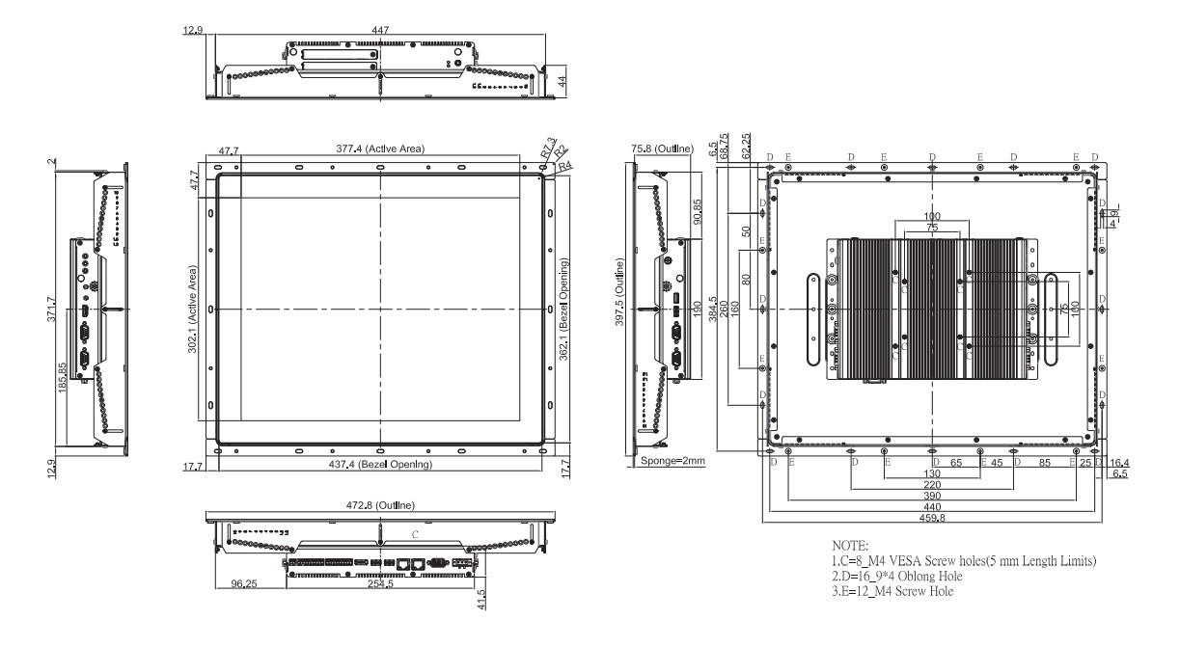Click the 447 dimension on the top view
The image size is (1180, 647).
coord(380,31)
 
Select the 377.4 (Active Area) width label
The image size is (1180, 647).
coord(380,149)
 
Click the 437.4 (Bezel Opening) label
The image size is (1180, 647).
coord(380,465)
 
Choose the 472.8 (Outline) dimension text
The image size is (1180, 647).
coord(380,504)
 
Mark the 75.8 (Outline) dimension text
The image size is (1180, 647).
coord(662,149)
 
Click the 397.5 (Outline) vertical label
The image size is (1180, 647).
coord(620,292)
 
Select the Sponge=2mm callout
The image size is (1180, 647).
coord(672,462)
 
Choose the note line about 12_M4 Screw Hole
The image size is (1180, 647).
coord(886,590)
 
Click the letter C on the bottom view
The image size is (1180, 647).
coord(415,533)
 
